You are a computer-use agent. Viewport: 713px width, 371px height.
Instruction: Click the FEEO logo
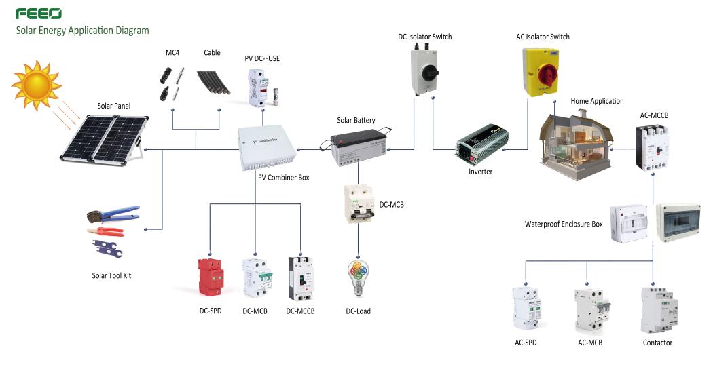click(x=39, y=14)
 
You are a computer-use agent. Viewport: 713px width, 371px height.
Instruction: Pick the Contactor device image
click(x=656, y=309)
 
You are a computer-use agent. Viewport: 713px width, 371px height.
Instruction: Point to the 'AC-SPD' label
click(x=526, y=343)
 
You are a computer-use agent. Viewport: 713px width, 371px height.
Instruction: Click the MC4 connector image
click(x=170, y=82)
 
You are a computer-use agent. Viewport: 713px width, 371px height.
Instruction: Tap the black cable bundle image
click(x=213, y=82)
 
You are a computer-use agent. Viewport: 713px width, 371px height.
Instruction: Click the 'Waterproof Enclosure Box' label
click(x=564, y=224)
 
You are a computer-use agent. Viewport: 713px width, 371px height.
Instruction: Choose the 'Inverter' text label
click(x=480, y=172)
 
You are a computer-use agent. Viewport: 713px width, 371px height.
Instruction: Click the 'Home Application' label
click(x=597, y=101)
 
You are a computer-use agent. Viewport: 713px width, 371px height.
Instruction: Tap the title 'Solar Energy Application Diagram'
click(x=83, y=31)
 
